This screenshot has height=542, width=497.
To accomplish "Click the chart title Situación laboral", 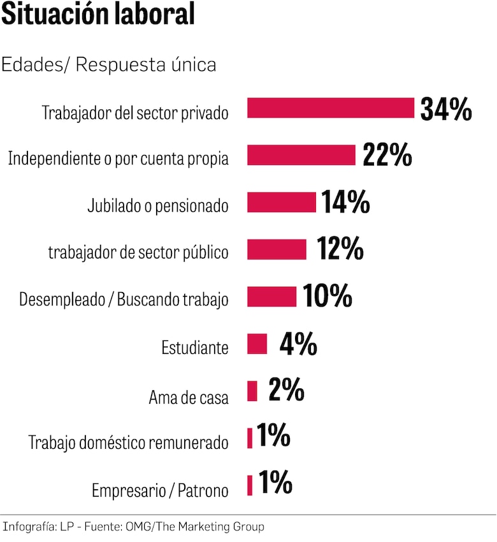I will coord(98,15).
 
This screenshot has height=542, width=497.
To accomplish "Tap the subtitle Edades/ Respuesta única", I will coord(109,64).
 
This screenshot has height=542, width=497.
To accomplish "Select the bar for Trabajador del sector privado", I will coord(331,108).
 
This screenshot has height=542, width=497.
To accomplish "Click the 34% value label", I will coord(446,109).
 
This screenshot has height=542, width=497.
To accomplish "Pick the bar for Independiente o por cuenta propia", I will coord(301,155).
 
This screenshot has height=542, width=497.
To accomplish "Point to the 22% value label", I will coord(387,155).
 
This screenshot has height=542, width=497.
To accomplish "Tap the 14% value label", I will coord(345,202).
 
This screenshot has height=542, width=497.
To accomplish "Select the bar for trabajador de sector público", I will coord(277,249).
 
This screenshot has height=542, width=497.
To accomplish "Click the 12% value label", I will coord(340,249).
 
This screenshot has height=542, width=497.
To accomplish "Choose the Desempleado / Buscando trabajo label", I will coord(124,300).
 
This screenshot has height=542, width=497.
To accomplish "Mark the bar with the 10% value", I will coord(271,297).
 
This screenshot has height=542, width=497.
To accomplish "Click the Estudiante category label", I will coord(194,348).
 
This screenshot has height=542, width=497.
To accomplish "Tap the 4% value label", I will coord(298,344).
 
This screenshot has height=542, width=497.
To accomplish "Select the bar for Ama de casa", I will coord(252,391).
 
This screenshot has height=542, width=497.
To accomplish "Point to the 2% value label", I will coord(286,390).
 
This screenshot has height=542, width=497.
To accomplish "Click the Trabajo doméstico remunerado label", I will coord(128,443).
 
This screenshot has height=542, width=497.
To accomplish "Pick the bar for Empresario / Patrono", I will coord(250,485).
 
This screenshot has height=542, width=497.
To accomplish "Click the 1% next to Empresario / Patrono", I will coord(275,483).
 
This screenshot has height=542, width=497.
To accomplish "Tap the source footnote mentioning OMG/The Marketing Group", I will coord(133,527).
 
